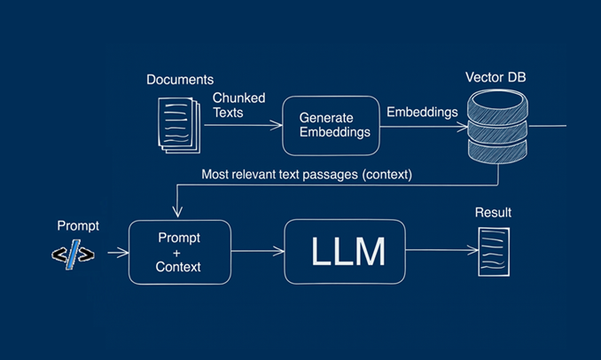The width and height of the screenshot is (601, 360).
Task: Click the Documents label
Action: click(180, 80)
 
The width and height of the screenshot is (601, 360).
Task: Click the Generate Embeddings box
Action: click(326, 124)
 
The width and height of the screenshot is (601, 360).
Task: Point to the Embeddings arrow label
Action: click(422, 112)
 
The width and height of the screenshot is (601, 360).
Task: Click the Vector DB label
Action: click(496, 77)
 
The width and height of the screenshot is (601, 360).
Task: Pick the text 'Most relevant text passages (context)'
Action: click(307, 175)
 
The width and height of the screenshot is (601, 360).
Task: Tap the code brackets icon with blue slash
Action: click(73, 254)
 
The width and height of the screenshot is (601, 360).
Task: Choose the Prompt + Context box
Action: click(179, 253)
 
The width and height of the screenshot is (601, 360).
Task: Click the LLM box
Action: click(347, 252)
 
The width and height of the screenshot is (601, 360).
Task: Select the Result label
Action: click(493, 213)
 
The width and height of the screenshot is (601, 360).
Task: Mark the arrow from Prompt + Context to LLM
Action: click(257, 253)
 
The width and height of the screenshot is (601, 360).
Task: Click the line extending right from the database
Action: click(547, 126)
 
